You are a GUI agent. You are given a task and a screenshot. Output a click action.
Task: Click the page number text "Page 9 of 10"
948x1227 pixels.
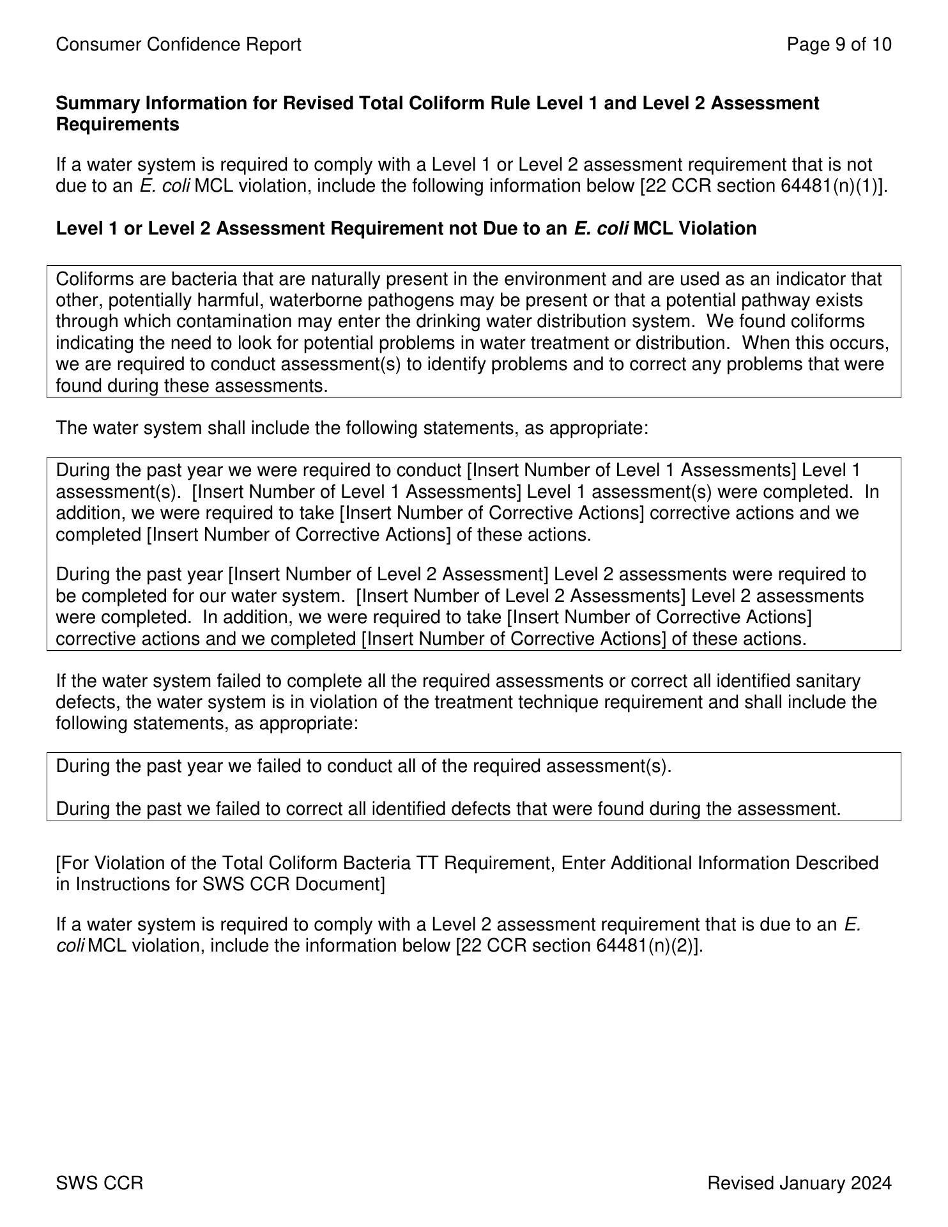[839, 45]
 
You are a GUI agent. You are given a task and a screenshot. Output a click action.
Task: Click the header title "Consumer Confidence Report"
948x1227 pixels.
[178, 45]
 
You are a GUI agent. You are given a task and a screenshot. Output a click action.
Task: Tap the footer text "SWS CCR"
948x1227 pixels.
[100, 1184]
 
